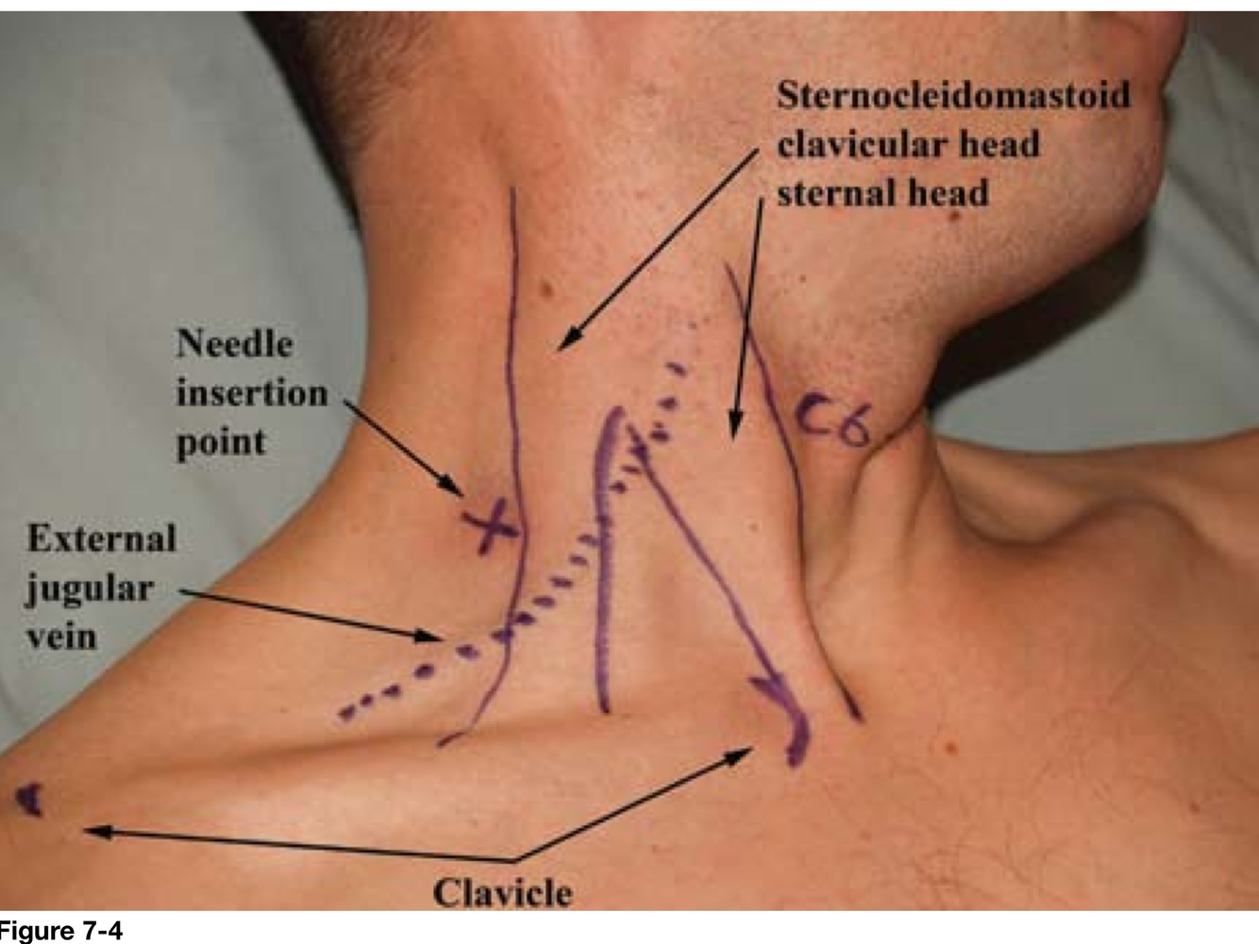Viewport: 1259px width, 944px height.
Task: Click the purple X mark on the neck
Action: coord(492,526)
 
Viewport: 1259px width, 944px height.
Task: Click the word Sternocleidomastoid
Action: coord(953,95)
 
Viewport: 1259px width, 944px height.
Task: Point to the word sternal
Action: coord(830,192)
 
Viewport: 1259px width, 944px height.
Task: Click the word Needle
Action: coord(234,343)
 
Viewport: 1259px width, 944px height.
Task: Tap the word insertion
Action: coord(252,392)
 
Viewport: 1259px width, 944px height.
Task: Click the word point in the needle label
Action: coord(221,442)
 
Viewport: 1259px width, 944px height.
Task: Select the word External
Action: coord(101,538)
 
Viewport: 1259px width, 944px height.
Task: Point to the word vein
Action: coord(61,637)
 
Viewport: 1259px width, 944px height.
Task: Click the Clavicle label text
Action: coord(502,892)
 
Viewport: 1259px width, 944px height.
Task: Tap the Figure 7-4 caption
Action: coord(61,933)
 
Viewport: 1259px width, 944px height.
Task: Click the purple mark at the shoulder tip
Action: coord(31,800)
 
